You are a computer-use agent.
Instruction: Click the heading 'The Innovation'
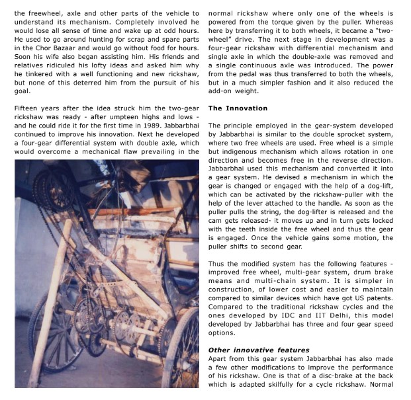[238, 108]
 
